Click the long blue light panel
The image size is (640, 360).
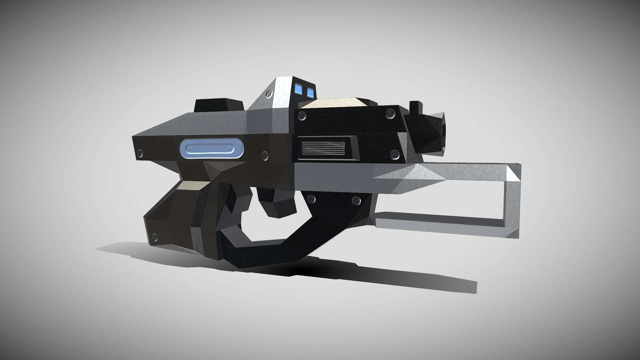(x=211, y=148)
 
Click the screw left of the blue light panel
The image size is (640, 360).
(x=140, y=153)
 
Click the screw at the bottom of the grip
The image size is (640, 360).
(x=155, y=237)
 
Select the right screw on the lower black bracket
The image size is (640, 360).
(x=356, y=200)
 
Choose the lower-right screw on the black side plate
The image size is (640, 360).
(x=395, y=154)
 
